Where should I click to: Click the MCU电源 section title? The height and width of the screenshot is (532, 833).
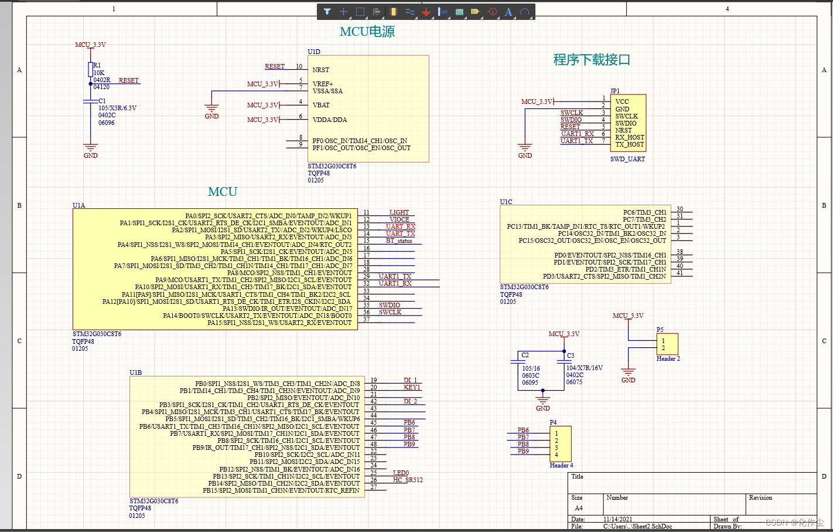click(367, 32)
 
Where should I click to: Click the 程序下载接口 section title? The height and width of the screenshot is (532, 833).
click(592, 60)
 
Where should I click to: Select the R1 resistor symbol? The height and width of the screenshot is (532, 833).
click(90, 69)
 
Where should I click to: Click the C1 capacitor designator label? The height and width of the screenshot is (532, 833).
click(102, 101)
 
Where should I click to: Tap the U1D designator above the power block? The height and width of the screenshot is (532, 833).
click(314, 52)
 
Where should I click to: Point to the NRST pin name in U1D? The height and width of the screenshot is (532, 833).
click(320, 70)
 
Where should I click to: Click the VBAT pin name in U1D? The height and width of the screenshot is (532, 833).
click(321, 105)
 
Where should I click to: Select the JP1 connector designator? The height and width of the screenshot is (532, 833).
click(614, 91)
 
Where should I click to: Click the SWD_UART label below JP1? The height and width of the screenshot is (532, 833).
click(627, 159)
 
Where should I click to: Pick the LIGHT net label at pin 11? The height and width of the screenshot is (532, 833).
click(399, 212)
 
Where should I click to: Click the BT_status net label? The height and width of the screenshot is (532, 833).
click(399, 240)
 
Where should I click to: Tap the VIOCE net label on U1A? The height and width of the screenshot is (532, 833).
click(399, 219)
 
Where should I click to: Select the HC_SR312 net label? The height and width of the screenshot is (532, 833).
click(407, 480)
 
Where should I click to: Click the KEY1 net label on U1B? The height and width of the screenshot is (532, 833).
click(412, 387)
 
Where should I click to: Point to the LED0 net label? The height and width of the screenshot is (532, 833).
click(401, 473)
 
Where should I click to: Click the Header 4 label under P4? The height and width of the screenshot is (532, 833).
click(561, 465)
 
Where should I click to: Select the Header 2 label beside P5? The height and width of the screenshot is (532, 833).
click(668, 358)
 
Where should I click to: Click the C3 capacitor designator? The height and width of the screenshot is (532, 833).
click(570, 355)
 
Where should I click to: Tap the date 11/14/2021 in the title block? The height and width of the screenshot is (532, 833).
click(617, 519)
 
